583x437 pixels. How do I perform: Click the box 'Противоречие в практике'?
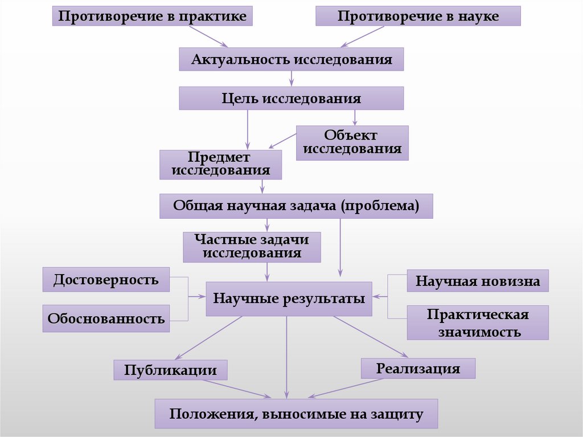pos(152,16)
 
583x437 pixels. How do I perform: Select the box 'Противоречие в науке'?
pos(418,16)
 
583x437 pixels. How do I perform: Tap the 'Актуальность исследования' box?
pos(291,59)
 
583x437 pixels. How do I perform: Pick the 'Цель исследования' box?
pos(291,98)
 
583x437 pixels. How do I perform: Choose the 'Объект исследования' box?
pos(352,142)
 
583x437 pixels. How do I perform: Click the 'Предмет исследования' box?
pos(220,164)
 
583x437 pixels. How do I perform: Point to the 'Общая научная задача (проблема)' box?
pos(296,206)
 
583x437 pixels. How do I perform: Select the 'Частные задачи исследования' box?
pos(252,247)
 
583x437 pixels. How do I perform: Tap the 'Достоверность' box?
pos(106,280)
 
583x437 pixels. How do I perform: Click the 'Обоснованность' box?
pos(106,318)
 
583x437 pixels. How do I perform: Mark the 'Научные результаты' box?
pos(289,298)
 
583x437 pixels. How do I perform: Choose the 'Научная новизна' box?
pos(478,281)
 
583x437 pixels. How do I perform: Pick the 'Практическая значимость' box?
pos(478,322)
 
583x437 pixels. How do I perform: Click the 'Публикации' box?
pos(170,370)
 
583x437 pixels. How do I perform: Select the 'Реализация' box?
pos(418,368)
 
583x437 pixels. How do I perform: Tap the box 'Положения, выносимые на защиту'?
pos(296,414)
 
